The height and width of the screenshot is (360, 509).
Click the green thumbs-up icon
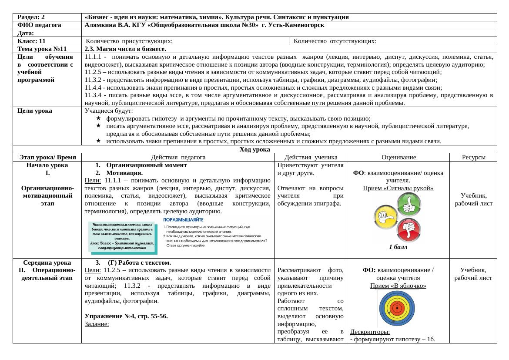pyautogui.click(x=408, y=204)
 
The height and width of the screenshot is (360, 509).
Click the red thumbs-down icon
pyautogui.click(x=408, y=229)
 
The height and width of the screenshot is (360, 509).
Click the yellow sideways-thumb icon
pyautogui.click(x=385, y=217)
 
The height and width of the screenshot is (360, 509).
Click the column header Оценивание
pyautogui.click(x=398, y=158)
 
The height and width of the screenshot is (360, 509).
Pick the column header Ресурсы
pyautogui.click(x=473, y=158)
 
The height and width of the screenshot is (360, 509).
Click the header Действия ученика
pyautogui.click(x=310, y=158)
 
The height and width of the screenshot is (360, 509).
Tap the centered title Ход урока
pyautogui.click(x=254, y=149)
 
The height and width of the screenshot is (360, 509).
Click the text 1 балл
pyautogui.click(x=398, y=247)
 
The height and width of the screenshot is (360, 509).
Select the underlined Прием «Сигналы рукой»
pyautogui.click(x=398, y=188)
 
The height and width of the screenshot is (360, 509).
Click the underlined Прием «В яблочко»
pyautogui.click(x=398, y=286)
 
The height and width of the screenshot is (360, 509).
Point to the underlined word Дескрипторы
pyautogui.click(x=370, y=332)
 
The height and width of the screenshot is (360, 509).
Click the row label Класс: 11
pyautogui.click(x=32, y=41)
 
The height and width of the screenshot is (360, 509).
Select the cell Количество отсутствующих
pyautogui.click(x=335, y=41)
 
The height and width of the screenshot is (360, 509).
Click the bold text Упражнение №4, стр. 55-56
pyautogui.click(x=126, y=316)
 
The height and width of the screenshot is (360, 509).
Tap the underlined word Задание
pyautogui.click(x=97, y=324)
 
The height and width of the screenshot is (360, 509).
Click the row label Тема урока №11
pyautogui.click(x=42, y=49)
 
